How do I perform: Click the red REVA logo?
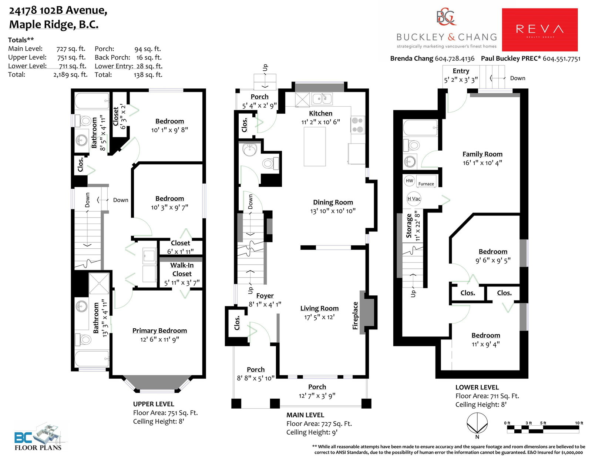pos(540,30)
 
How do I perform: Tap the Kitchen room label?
pos(320,113)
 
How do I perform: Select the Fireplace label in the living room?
pos(355,315)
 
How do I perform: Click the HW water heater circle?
pos(409,181)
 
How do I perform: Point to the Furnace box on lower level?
pos(426,181)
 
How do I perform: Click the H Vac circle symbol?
pos(414,199)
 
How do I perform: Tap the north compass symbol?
pos(477,423)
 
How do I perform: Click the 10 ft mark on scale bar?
pos(579,423)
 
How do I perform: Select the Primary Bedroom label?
pos(159,331)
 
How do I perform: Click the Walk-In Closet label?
pos(182,269)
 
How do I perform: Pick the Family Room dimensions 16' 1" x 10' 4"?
pos(482,163)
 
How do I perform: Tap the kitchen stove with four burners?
pos(357,125)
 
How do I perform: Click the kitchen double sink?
pos(322,98)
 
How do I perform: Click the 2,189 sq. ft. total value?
pos(71,75)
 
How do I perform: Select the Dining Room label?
pos(333,202)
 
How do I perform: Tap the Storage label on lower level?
pos(408,226)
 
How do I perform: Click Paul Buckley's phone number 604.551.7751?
pos(562,59)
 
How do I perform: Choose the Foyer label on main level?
pos(265,296)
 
